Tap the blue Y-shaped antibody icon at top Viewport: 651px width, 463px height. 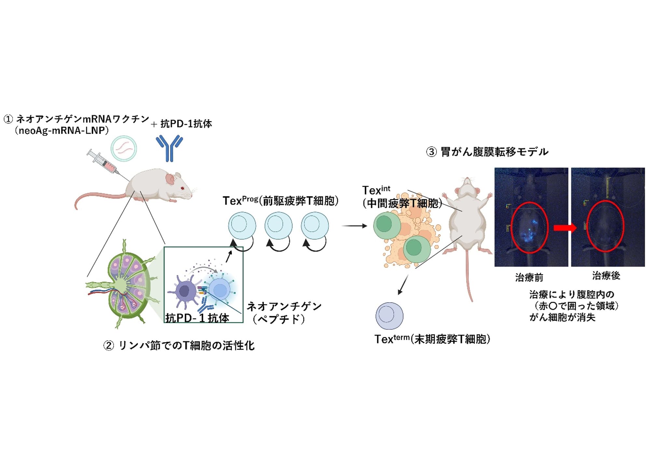pos(169,148)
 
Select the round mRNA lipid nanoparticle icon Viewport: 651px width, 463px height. pos(123,148)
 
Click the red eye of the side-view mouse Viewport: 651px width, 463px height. pos(183,188)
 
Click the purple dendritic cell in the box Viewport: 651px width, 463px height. pos(184,290)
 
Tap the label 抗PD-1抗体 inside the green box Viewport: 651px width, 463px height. pos(197,317)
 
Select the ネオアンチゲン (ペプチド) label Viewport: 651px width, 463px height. pos(283,312)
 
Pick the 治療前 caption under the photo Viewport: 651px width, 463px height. pos(529,277)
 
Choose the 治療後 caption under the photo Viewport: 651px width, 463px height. pos(606,276)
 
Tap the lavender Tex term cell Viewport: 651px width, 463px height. pos(389,316)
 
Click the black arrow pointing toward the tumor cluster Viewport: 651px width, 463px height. pos(354,226)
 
